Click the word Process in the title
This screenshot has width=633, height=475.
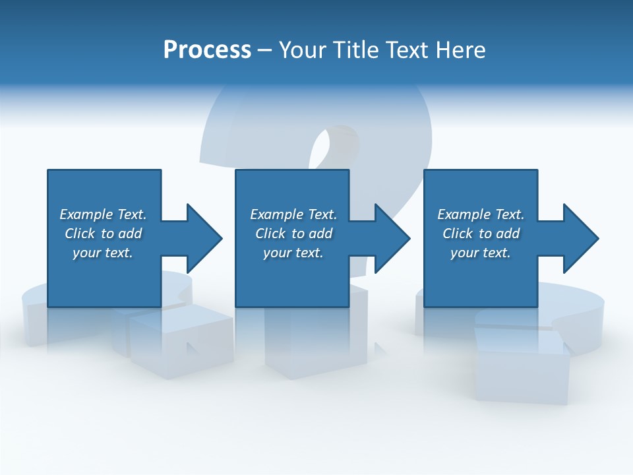click(207, 50)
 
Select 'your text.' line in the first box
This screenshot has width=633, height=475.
click(103, 253)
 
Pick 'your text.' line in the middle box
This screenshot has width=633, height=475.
click(293, 253)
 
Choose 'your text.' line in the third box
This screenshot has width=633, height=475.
click(481, 253)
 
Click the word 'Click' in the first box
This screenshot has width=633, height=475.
click(80, 234)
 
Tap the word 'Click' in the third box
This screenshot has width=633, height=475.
click(458, 234)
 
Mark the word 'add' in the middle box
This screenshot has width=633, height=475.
click(320, 234)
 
